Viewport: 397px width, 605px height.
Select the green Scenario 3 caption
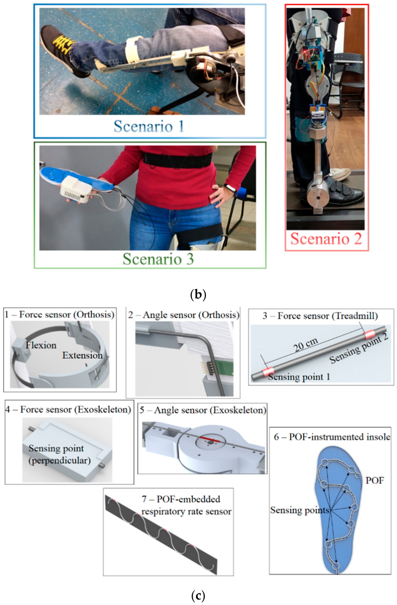158,259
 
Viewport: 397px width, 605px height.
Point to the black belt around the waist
178,160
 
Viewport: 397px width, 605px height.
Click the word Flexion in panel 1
41,345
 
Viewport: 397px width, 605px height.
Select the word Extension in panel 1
82,355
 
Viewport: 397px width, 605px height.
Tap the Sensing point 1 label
299,377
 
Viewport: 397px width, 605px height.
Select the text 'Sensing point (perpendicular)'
59,454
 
